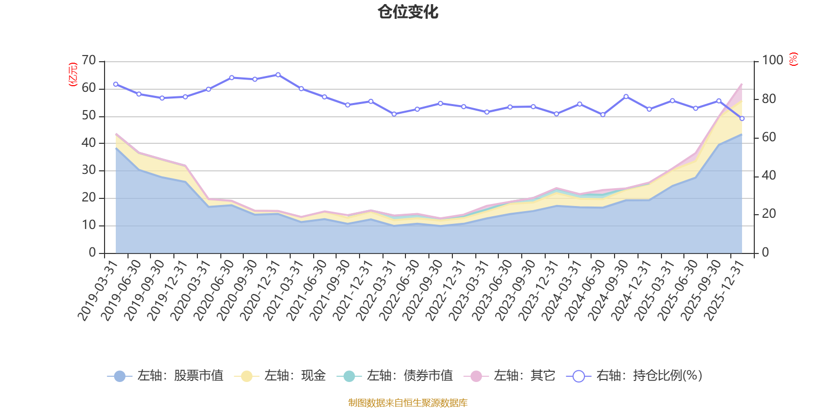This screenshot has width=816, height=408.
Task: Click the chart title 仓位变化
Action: point(408,12)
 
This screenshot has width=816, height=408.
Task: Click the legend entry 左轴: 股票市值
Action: point(165,376)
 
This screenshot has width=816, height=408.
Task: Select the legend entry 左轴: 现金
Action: point(280,376)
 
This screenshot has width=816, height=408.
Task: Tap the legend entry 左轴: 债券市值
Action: point(395,376)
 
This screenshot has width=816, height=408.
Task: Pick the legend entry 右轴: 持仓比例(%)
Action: point(634,376)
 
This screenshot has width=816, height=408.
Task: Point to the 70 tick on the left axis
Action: point(89,61)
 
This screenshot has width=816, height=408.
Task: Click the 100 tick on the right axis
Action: point(772,61)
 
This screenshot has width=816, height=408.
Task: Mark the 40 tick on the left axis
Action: point(89,143)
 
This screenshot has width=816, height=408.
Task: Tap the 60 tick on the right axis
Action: point(769,137)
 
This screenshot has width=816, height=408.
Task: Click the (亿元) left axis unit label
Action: point(73,74)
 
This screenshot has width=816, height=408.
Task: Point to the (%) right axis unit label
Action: point(793,60)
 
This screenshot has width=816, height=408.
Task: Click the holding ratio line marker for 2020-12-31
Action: point(278,74)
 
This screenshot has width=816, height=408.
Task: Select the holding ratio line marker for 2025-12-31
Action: point(742,118)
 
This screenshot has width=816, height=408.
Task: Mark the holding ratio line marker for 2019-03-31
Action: point(116,84)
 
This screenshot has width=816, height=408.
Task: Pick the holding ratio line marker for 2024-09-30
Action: point(626,96)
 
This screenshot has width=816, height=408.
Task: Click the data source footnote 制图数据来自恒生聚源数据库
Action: point(408,403)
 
